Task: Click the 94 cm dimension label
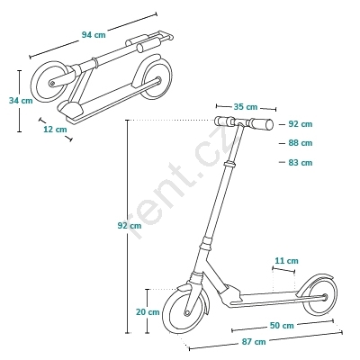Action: click(x=94, y=35)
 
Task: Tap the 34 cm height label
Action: click(x=21, y=101)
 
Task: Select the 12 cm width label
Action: click(x=55, y=130)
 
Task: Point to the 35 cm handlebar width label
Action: click(x=246, y=107)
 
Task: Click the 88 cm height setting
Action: click(x=301, y=143)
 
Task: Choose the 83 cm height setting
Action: click(x=301, y=163)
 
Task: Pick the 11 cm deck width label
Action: click(x=287, y=261)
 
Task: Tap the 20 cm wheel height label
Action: click(x=148, y=312)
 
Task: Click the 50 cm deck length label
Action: click(x=282, y=326)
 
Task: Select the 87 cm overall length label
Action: click(x=254, y=342)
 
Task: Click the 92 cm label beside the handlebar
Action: click(x=301, y=124)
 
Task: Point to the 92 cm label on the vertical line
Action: click(x=130, y=226)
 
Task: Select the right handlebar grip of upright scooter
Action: click(x=261, y=124)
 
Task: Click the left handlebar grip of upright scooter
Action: click(x=224, y=121)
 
